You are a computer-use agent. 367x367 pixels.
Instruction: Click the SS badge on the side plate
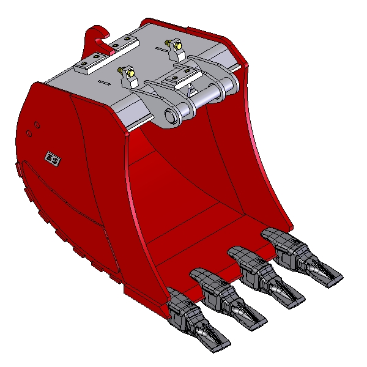point(53,159)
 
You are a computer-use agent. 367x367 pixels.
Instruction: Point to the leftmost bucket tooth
point(196,319)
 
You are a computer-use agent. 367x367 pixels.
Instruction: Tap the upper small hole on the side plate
point(37,125)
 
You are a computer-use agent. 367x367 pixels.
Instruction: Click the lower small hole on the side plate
point(29,133)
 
